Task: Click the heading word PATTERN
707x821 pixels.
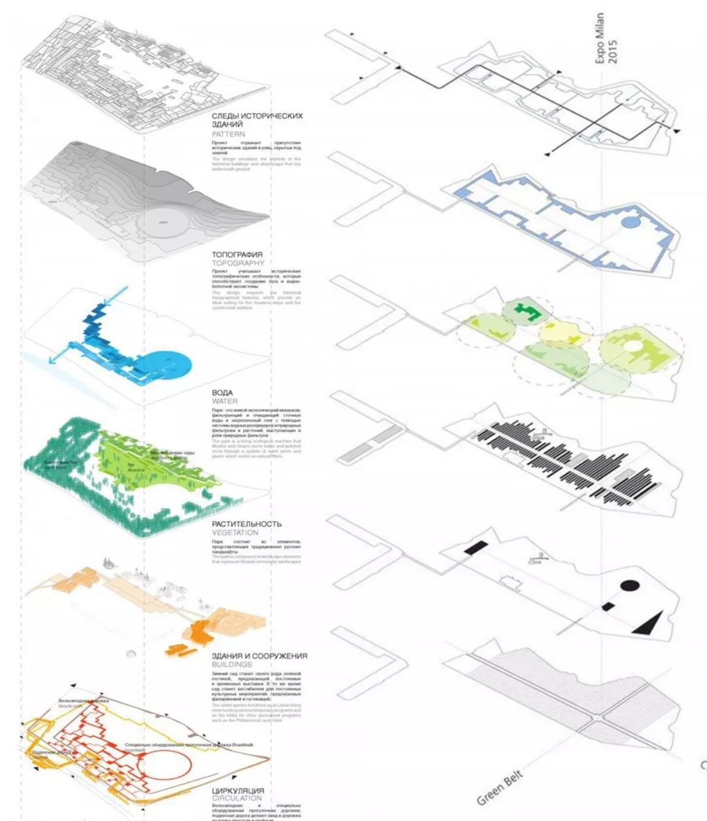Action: (x=228, y=134)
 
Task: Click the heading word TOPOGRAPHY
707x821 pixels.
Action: (x=238, y=263)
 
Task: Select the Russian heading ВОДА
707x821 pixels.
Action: (x=223, y=393)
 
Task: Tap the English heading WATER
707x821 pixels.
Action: (x=225, y=401)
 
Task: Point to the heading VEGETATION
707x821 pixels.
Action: (x=235, y=533)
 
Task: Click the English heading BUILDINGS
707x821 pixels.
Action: (x=232, y=665)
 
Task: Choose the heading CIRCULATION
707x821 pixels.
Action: (x=236, y=799)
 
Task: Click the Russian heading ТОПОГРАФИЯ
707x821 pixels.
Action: (x=237, y=255)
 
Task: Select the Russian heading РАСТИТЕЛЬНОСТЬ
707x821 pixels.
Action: (x=247, y=524)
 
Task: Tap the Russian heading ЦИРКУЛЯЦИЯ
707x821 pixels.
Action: (x=238, y=791)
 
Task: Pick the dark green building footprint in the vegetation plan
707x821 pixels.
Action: (x=528, y=310)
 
